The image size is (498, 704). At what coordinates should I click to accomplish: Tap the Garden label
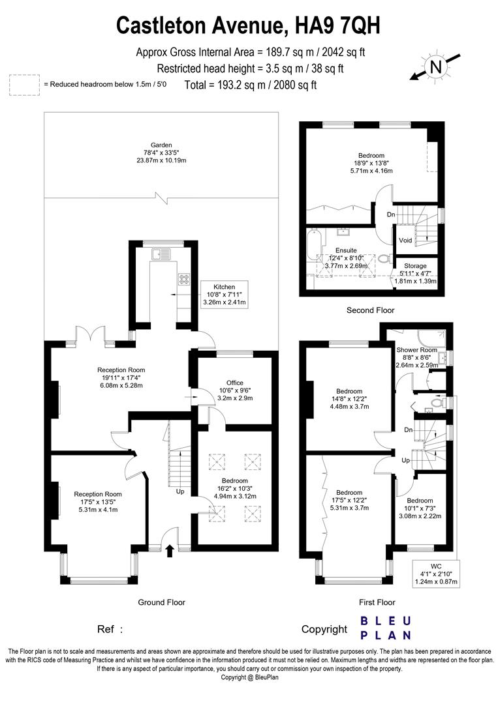(x=160, y=153)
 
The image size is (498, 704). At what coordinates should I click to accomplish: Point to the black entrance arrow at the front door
(x=170, y=551)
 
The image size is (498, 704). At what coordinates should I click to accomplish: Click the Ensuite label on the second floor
(x=346, y=250)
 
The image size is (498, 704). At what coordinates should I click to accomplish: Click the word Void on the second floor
(x=405, y=240)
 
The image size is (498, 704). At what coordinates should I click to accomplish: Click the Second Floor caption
(x=370, y=310)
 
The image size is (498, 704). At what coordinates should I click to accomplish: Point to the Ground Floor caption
(x=161, y=602)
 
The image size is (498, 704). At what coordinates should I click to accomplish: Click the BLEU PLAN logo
(x=386, y=628)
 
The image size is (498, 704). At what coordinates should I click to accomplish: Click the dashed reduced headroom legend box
(x=23, y=85)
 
